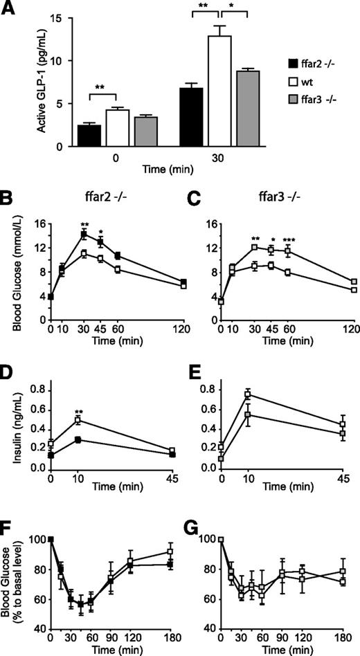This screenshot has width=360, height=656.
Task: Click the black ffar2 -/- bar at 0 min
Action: tap(91, 136)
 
